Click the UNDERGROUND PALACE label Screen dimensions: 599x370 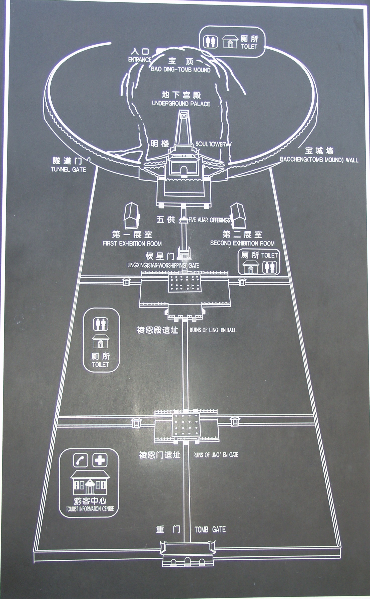click(x=181, y=104)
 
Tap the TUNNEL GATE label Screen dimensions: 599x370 click(x=68, y=170)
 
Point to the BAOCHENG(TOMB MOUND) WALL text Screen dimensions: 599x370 click(x=319, y=160)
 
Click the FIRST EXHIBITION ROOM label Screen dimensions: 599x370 click(x=132, y=243)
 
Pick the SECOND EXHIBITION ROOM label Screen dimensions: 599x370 click(x=242, y=243)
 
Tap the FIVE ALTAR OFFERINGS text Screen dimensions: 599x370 click(x=209, y=220)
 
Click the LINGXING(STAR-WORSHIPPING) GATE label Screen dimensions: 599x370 click(x=163, y=265)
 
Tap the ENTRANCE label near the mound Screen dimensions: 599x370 click(x=140, y=60)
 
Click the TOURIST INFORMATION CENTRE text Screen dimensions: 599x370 click(x=90, y=509)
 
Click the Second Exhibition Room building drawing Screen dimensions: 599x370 click(x=238, y=216)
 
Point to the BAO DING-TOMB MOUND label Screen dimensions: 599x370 click(x=180, y=70)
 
